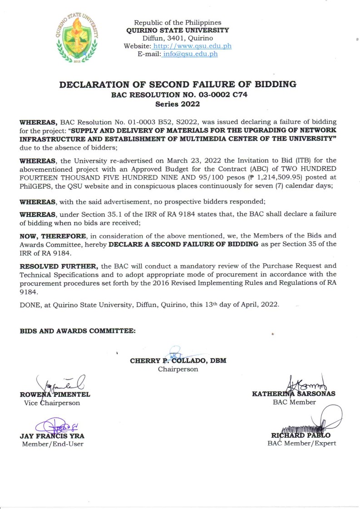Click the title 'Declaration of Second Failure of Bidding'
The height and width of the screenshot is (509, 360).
click(x=178, y=84)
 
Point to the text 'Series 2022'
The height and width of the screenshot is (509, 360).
click(x=178, y=104)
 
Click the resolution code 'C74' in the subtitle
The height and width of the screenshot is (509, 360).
click(x=235, y=95)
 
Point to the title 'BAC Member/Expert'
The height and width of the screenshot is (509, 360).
click(x=302, y=443)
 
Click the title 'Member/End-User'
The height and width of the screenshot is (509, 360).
click(x=53, y=444)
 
